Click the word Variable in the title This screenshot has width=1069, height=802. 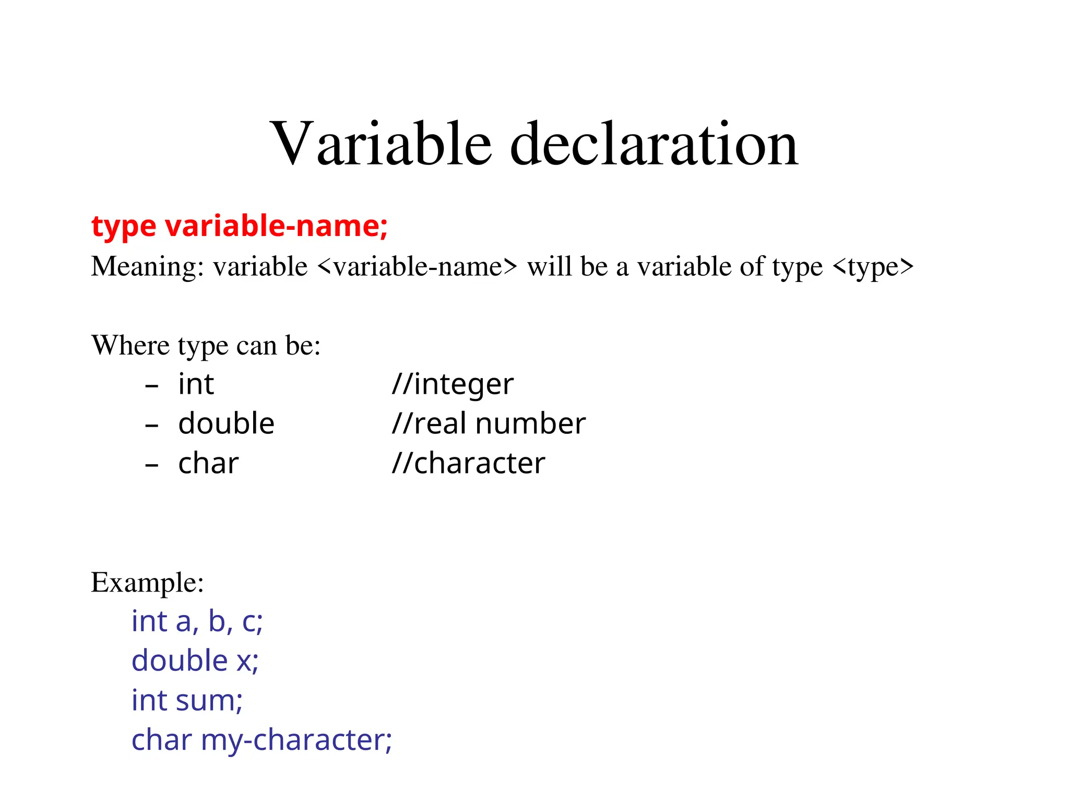point(381,144)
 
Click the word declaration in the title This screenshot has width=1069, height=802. point(654,144)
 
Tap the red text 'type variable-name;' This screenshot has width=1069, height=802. point(240,226)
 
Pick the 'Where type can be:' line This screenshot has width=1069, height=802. point(206,345)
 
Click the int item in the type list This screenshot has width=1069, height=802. point(196,384)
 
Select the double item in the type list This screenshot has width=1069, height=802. point(226,423)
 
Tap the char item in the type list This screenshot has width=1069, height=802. point(208,463)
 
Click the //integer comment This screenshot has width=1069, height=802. point(453,384)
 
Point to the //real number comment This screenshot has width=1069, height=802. point(489,423)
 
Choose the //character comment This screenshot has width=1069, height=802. point(468,463)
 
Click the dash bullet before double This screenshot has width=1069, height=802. point(151,426)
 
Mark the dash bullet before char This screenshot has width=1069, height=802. point(151,465)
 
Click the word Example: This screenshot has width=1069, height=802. point(147,582)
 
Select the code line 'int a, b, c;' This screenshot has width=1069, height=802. point(197,621)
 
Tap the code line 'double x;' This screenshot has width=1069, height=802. point(195,661)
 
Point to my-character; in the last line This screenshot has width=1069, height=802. point(296,740)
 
